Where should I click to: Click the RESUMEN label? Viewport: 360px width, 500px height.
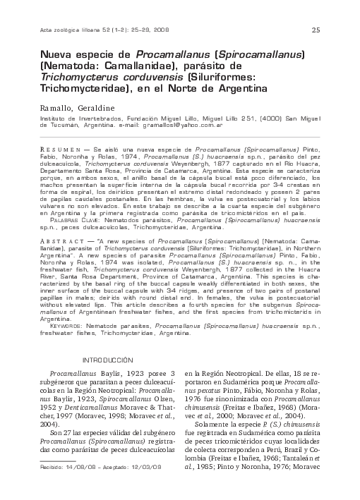[x=61, y=152]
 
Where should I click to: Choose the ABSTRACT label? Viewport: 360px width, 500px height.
[x=61, y=259]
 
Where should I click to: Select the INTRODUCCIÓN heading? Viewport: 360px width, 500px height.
[x=106, y=360]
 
